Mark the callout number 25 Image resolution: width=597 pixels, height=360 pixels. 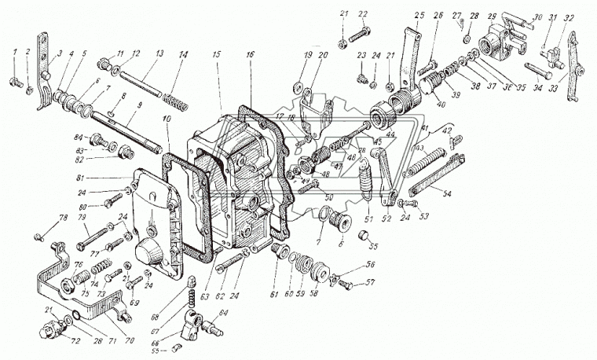[x=417, y=17]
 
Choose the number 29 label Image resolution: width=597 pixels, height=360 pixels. [x=492, y=17]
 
